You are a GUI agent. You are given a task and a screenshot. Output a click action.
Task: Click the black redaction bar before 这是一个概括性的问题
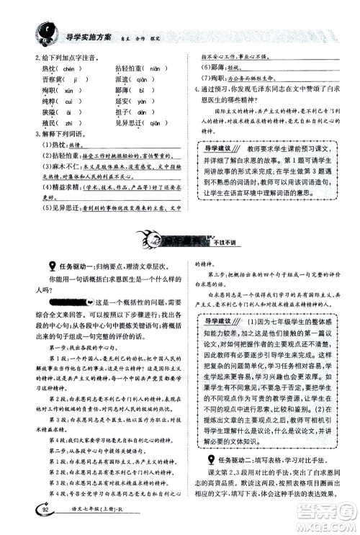coord(55,302)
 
